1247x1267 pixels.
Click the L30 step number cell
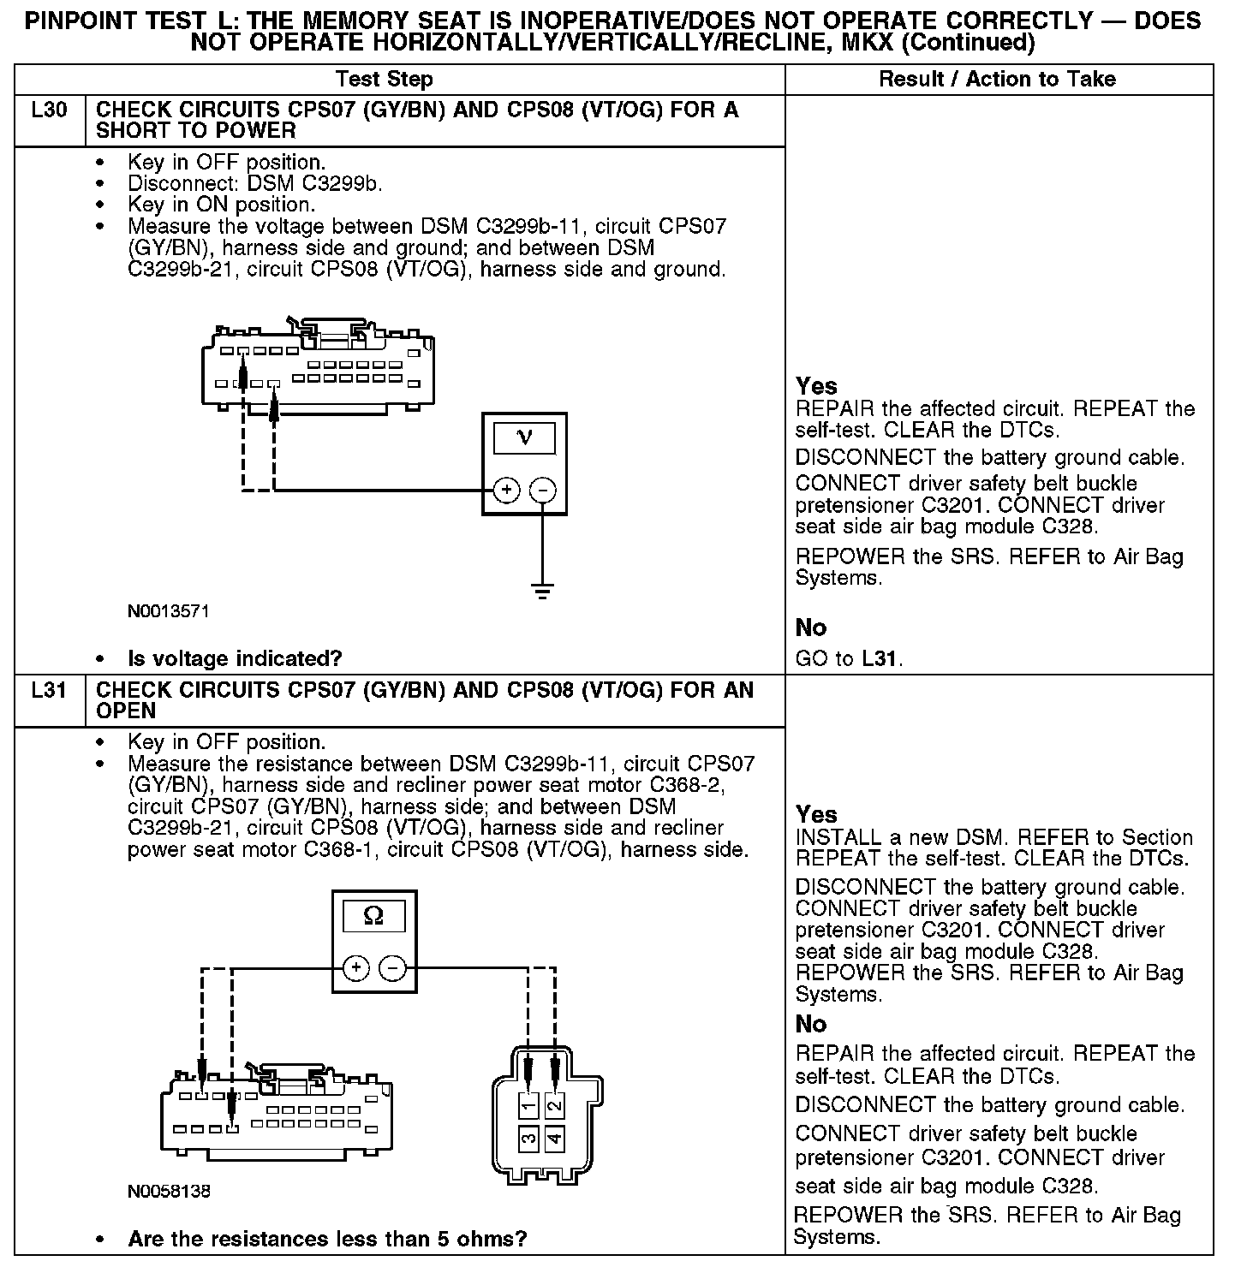point(49,110)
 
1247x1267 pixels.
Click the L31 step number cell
point(49,690)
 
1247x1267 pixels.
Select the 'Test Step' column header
point(384,80)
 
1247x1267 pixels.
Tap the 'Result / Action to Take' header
point(998,80)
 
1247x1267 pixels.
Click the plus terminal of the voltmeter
point(506,491)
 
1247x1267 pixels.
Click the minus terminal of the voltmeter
point(543,491)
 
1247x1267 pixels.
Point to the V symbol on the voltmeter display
point(524,438)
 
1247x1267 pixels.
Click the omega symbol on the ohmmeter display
point(373,916)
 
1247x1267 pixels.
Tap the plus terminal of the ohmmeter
point(356,968)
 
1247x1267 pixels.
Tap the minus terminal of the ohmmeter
point(392,968)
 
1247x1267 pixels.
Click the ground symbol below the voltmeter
point(542,590)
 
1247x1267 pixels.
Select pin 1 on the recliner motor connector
point(529,1105)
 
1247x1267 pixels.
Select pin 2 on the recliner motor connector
point(555,1105)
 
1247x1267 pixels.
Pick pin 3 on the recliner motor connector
point(529,1139)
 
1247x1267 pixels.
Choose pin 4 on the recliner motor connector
point(555,1139)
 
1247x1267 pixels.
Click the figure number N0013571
point(169,611)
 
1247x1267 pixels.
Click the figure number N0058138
point(169,1191)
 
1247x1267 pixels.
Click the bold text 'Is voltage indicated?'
point(235,658)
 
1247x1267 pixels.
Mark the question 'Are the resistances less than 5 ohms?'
point(327,1239)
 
